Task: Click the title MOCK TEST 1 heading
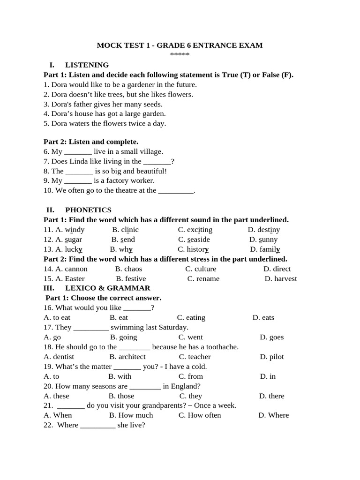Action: point(180,45)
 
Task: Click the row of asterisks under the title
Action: point(180,55)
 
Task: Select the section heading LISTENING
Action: point(87,65)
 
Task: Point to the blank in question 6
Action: point(78,152)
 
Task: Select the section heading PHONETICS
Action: point(88,210)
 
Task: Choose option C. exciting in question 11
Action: point(195,230)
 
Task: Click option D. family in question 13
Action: point(265,249)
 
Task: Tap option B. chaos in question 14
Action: point(128,269)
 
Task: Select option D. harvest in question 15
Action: point(281,279)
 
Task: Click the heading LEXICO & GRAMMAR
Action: point(107,288)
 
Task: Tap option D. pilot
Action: point(272,357)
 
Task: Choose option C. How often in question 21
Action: point(200,415)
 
